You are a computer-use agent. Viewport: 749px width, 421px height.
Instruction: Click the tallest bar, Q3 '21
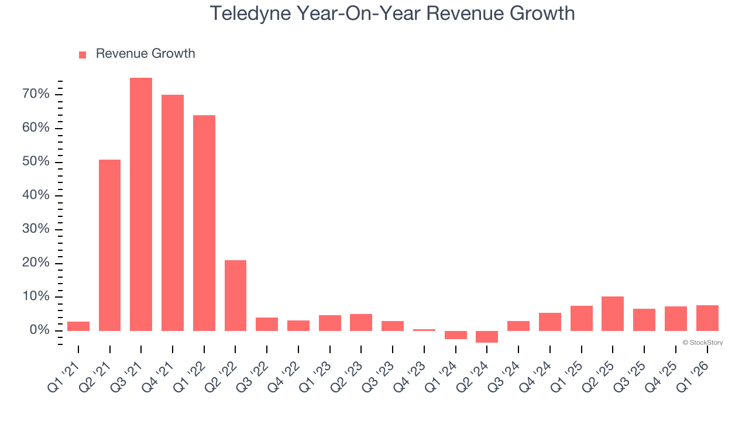(x=141, y=205)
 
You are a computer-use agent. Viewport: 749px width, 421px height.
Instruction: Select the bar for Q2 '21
(x=109, y=246)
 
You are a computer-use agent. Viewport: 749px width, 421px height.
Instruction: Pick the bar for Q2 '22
(x=235, y=296)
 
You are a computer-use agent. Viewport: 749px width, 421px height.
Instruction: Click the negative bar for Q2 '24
(x=487, y=337)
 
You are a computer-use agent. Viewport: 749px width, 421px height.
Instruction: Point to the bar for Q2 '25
(x=613, y=314)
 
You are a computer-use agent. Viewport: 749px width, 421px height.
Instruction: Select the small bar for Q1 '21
(x=78, y=326)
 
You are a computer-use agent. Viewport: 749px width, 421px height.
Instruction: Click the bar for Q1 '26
(x=707, y=318)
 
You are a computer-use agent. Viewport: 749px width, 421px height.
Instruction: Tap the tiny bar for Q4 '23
(x=424, y=330)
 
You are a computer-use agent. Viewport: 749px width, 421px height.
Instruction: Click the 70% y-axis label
(x=36, y=94)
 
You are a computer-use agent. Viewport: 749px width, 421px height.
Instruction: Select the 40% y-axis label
(x=36, y=195)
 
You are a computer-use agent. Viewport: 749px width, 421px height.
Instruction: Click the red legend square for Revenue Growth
(x=83, y=54)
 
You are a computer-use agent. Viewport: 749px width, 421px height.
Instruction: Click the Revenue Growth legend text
(x=145, y=54)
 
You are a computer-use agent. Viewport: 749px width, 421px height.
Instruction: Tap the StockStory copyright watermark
(x=702, y=343)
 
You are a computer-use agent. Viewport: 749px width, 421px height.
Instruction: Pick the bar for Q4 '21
(x=173, y=213)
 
